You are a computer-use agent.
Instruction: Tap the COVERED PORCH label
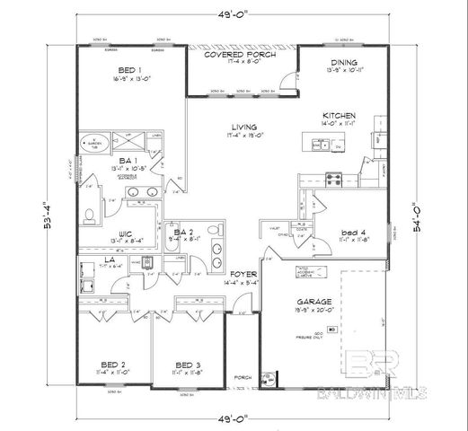point(239,55)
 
